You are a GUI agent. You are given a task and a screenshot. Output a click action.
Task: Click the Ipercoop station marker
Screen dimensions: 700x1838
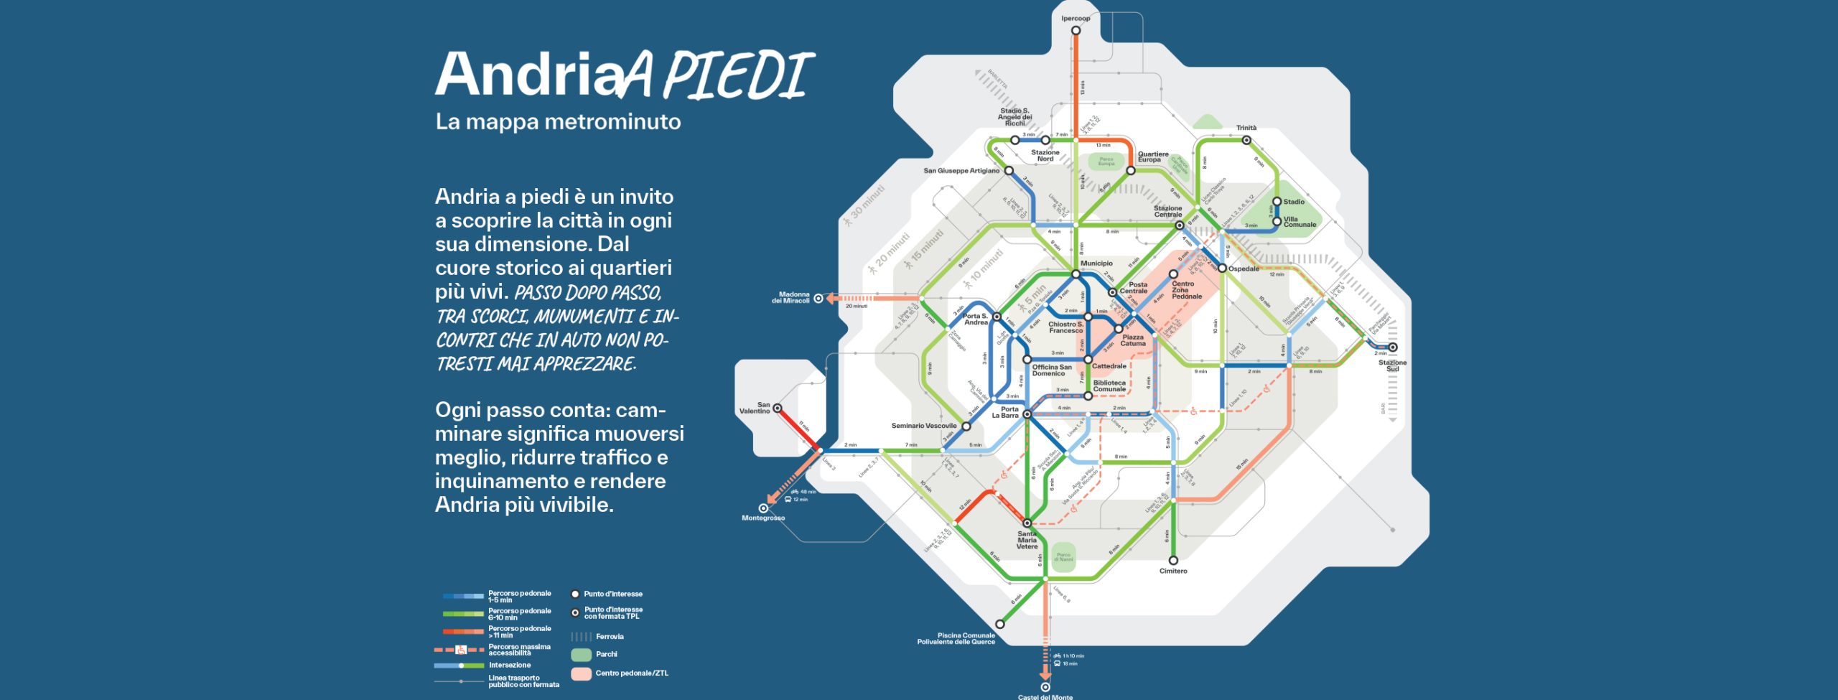click(x=1076, y=30)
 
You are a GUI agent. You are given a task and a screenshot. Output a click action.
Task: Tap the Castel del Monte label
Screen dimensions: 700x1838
click(x=1045, y=696)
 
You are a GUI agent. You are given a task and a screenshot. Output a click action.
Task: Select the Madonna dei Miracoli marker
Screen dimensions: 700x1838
click(x=818, y=299)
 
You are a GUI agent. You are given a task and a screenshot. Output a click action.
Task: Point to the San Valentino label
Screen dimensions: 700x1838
click(x=755, y=408)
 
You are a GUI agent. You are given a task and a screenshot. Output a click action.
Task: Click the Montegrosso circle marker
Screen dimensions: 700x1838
click(x=763, y=508)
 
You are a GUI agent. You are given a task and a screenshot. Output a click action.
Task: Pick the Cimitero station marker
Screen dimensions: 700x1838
click(x=1173, y=560)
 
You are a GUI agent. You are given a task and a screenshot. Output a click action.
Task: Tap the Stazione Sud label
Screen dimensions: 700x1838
click(x=1392, y=365)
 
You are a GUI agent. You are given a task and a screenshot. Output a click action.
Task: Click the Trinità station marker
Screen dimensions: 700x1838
click(x=1246, y=140)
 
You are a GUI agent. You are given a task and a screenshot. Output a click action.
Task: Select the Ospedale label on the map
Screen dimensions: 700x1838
click(x=1244, y=269)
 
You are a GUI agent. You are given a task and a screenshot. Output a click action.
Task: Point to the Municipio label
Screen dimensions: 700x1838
click(x=1096, y=263)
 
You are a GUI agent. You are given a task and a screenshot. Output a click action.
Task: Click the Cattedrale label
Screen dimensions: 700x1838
click(x=1109, y=366)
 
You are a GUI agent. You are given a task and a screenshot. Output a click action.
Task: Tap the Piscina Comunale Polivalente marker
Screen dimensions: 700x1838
click(x=999, y=624)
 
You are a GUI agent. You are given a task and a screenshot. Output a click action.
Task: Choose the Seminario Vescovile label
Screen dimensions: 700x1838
click(x=924, y=426)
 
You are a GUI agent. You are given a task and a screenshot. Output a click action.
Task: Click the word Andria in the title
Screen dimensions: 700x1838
click(x=528, y=74)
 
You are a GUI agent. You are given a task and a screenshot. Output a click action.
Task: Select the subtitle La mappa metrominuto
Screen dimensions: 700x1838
click(x=558, y=121)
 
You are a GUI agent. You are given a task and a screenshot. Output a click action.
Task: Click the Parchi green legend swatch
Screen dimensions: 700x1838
click(x=581, y=655)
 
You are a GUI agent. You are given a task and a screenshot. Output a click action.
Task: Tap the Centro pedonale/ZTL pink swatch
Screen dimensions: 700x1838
click(x=581, y=673)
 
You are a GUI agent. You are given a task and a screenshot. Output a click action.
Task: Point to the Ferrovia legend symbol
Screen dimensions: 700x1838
click(x=581, y=637)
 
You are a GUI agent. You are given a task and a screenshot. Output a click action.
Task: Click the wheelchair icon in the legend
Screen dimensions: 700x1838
click(x=461, y=650)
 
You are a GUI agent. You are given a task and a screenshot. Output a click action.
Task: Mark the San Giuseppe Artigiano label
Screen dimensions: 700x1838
click(x=961, y=171)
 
